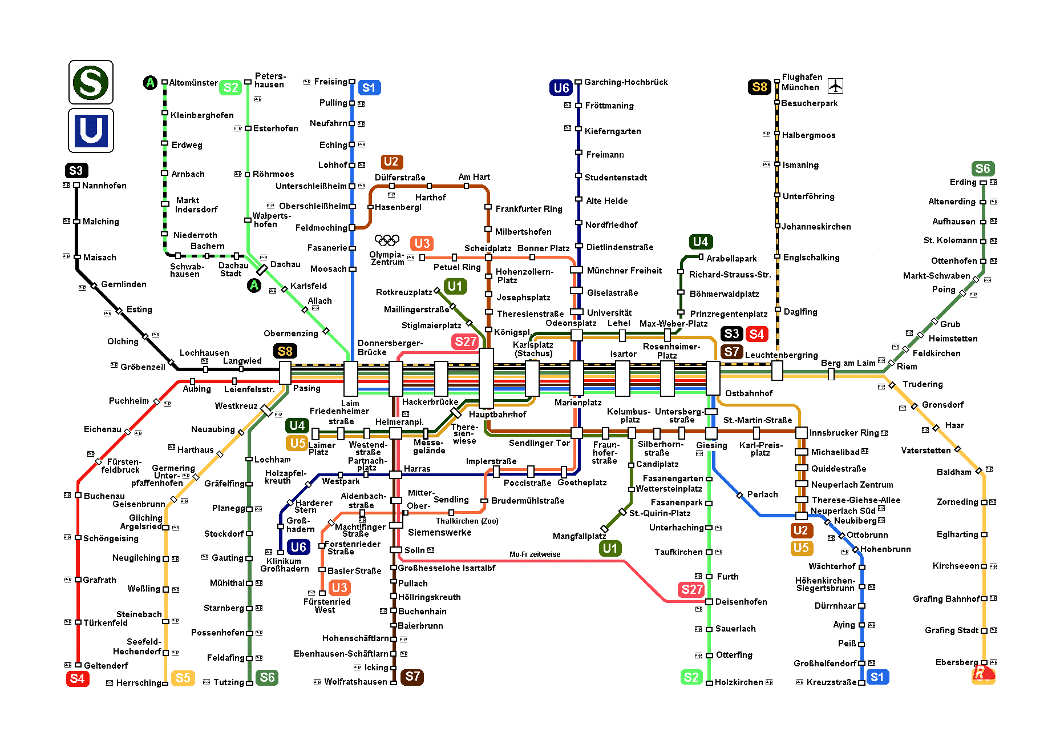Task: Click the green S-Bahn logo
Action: click(91, 82)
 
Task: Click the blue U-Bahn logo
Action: click(91, 131)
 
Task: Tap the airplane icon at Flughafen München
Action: click(835, 86)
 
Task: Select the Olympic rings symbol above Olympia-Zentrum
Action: click(387, 240)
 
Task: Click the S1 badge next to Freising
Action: click(369, 88)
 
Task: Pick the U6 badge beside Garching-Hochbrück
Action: click(561, 88)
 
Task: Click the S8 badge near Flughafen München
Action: click(759, 87)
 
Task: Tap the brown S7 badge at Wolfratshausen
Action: click(412, 677)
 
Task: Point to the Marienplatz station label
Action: click(578, 403)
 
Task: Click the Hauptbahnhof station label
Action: click(497, 415)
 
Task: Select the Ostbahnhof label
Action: click(749, 393)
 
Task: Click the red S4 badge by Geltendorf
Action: click(77, 678)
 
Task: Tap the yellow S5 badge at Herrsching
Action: click(183, 678)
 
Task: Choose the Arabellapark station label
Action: click(731, 259)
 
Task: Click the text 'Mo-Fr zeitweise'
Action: click(535, 554)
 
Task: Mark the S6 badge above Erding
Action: click(982, 168)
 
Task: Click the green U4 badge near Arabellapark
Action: click(700, 242)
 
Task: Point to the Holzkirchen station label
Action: click(738, 682)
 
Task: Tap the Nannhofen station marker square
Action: click(76, 185)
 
